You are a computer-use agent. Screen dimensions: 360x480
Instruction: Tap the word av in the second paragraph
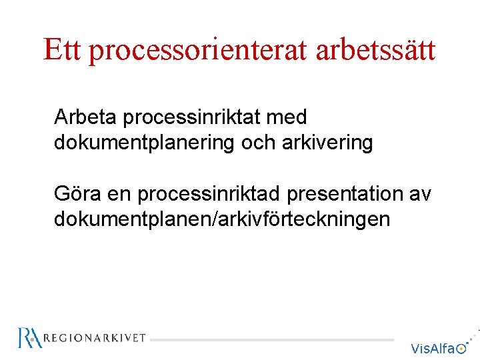[x=419, y=195]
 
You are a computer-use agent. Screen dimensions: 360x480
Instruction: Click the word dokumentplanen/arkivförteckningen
[x=222, y=219]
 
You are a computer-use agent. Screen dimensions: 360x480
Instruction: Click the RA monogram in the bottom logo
[x=30, y=338]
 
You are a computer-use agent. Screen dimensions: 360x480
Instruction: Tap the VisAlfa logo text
[x=433, y=348]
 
